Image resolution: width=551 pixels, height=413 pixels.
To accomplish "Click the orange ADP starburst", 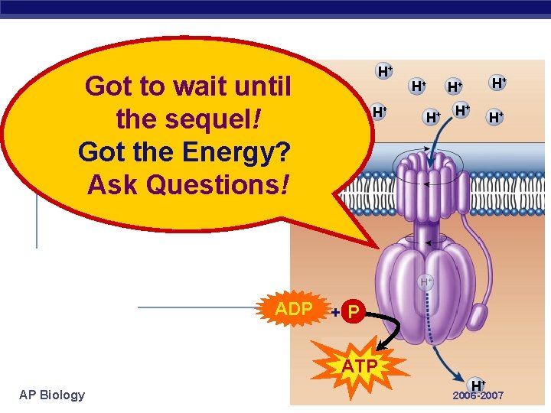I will point(294,309).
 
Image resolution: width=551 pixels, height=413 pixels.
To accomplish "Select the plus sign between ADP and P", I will point(335,312).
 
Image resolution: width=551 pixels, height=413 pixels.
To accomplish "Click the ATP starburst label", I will point(360,366).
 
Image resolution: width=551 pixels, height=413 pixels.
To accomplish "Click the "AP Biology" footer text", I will point(52,395).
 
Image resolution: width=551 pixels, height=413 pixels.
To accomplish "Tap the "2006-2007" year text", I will point(478,396).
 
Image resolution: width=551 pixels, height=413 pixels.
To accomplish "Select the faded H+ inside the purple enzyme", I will point(426,282).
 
